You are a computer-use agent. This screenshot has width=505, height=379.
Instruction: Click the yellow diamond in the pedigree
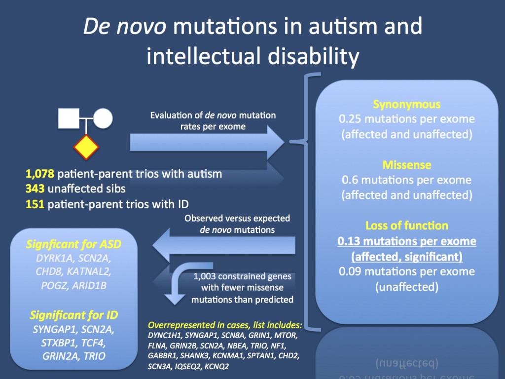tap(86, 147)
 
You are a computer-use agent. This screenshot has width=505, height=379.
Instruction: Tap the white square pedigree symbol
tap(69, 118)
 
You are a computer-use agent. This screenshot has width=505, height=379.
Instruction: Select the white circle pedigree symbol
tap(103, 118)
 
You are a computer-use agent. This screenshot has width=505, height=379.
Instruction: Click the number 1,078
tap(40, 174)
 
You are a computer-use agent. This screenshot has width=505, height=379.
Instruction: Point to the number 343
tap(35, 189)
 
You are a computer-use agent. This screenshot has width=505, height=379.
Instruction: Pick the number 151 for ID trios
tap(35, 204)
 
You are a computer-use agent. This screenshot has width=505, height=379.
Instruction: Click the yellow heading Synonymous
tap(407, 105)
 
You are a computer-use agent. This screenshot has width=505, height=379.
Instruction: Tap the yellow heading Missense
tap(407, 165)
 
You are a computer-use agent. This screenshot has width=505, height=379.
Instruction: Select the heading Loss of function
tap(407, 226)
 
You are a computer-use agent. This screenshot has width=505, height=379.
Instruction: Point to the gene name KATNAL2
tap(89, 272)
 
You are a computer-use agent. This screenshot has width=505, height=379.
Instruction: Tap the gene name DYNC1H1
tap(165, 336)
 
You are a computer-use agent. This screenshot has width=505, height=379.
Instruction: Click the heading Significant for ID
tap(74, 315)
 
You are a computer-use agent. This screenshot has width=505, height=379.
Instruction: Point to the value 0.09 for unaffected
tap(350, 271)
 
